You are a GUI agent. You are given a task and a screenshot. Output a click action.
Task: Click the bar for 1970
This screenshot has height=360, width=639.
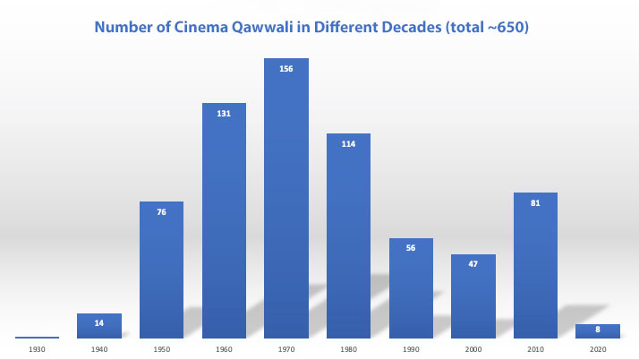(286, 198)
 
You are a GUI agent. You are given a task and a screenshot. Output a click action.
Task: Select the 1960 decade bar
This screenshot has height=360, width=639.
(224, 220)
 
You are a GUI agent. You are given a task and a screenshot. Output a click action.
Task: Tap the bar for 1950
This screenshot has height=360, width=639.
(161, 270)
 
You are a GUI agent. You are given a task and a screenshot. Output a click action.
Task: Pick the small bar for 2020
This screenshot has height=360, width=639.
(598, 331)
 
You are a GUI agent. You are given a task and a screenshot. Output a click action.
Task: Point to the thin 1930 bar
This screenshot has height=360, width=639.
(37, 338)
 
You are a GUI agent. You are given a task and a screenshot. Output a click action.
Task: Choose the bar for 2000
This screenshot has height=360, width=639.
(473, 296)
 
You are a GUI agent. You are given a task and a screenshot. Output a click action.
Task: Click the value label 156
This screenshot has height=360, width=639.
(286, 69)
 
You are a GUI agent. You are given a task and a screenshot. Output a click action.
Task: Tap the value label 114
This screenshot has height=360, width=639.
(348, 144)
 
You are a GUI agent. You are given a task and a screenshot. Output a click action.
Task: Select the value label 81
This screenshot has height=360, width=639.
(535, 203)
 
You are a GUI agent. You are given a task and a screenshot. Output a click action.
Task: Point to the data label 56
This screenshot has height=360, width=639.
(411, 248)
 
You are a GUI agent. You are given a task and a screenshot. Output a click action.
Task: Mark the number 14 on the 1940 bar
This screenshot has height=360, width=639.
(99, 323)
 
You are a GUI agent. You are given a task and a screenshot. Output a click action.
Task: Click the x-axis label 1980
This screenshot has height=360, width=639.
(348, 349)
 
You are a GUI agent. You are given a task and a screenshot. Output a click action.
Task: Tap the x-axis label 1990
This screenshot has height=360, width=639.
(411, 349)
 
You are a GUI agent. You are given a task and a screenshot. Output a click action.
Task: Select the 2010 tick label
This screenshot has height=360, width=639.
(535, 349)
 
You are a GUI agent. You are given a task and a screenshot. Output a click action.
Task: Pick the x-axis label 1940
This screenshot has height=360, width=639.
(99, 349)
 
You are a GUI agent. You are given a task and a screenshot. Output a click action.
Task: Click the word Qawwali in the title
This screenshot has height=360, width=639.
(262, 28)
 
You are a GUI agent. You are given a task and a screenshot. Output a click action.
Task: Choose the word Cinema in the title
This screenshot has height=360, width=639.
(200, 27)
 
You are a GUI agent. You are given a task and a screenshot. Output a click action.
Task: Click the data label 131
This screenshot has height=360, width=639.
(224, 114)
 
